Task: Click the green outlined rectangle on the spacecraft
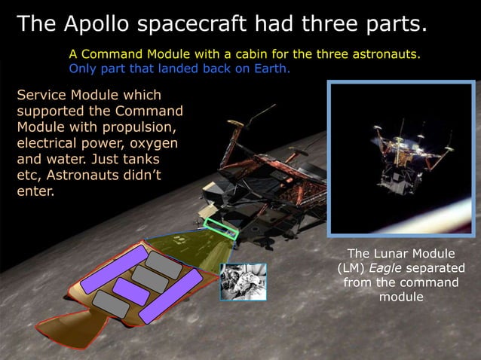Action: point(221,228)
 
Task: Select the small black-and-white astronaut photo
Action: point(243,282)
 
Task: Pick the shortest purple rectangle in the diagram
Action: point(131,291)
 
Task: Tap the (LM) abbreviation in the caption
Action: point(354,268)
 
